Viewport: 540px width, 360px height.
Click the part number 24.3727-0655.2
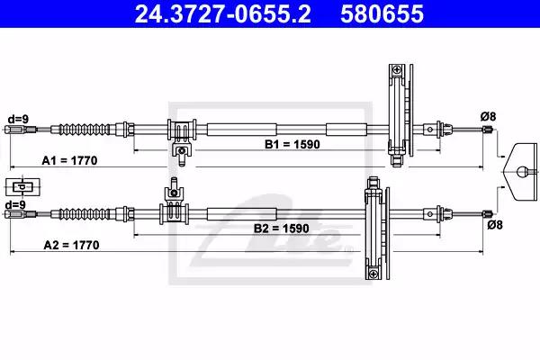pos(222,13)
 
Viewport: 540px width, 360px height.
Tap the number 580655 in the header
pos(382,13)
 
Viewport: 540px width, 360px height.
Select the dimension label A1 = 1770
pos(69,160)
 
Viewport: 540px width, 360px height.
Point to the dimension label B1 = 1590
pos(292,144)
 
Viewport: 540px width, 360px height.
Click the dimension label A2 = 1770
pos(71,245)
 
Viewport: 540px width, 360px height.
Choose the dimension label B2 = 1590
pos(282,229)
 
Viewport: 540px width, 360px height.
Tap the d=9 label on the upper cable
pos(18,119)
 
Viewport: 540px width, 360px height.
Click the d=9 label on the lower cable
pos(15,204)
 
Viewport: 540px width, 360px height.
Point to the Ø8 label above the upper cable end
pos(489,116)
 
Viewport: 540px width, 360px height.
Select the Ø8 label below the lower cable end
pos(495,225)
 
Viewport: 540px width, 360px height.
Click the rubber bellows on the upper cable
pos(85,130)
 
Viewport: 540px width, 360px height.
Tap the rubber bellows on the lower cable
pos(85,214)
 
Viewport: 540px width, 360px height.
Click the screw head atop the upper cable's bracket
pos(398,69)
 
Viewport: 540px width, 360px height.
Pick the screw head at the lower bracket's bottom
pos(373,274)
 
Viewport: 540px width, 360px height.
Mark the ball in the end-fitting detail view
pos(522,171)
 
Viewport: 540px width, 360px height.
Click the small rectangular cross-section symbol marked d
pos(22,187)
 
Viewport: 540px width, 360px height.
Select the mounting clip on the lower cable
pos(174,202)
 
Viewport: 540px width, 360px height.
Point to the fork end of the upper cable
pos(16,130)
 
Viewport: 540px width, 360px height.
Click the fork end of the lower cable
pos(16,214)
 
